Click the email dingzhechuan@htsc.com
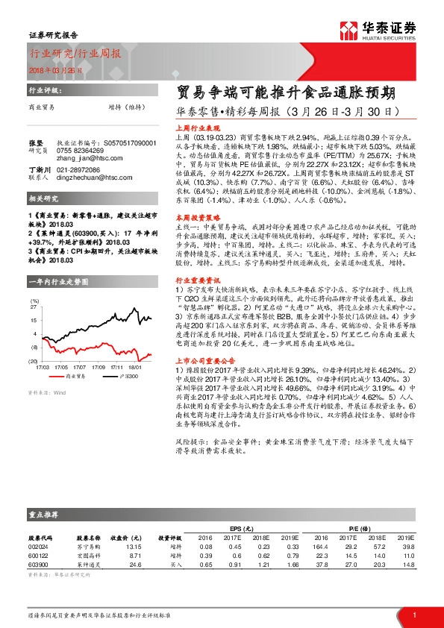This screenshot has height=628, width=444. (x=94, y=178)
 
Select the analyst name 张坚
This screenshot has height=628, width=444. (x=34, y=142)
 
